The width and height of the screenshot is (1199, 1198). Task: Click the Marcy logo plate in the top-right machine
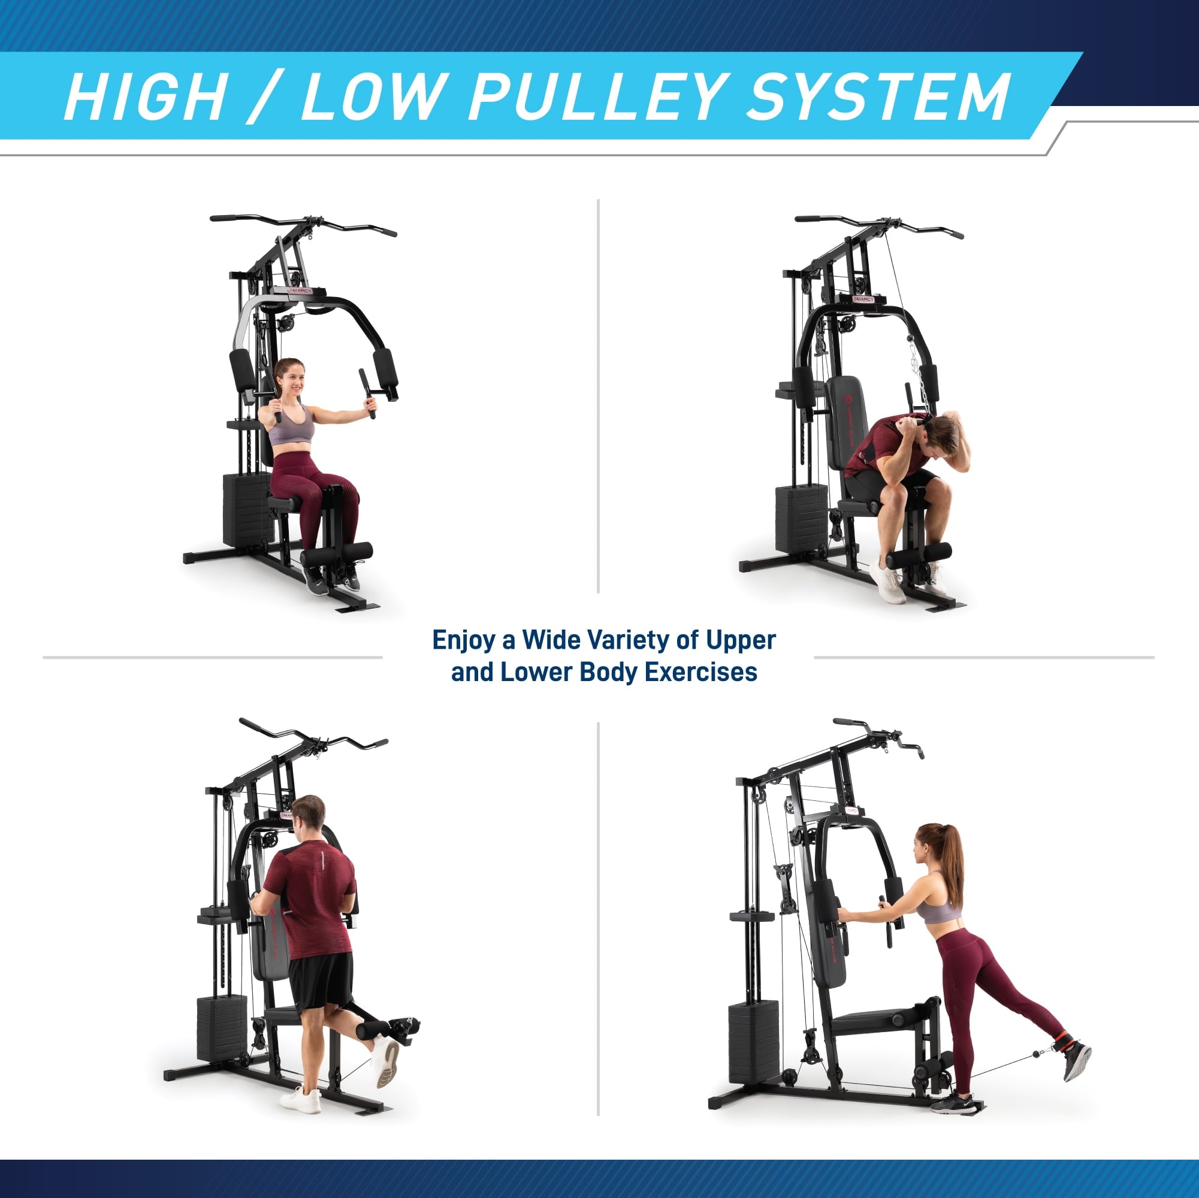point(863,299)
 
